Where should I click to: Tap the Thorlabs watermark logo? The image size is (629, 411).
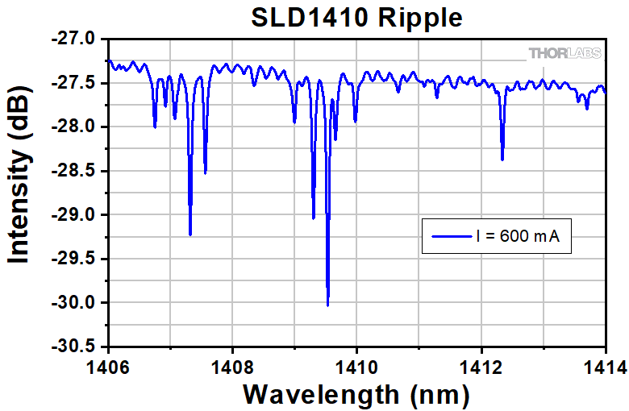[x=564, y=53]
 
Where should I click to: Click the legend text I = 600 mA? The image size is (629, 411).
[x=517, y=237]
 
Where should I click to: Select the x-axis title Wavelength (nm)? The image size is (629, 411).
[x=356, y=394]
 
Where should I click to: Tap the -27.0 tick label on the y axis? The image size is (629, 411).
[x=76, y=39]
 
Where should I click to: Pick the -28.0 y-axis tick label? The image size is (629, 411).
[x=76, y=127]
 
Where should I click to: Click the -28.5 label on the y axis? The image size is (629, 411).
[x=76, y=171]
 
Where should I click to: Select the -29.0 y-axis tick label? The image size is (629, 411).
[x=76, y=214]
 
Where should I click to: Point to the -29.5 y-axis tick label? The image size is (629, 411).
[x=76, y=259]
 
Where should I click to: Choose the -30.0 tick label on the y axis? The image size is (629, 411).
[x=76, y=303]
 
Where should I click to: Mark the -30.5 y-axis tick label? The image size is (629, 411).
[x=76, y=347]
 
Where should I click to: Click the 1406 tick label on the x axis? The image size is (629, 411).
[x=108, y=367]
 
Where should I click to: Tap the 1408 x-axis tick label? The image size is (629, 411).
[x=232, y=367]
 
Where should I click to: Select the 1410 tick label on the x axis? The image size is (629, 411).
[x=356, y=367]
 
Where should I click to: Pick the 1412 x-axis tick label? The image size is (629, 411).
[x=481, y=367]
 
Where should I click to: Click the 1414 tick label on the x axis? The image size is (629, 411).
[x=603, y=367]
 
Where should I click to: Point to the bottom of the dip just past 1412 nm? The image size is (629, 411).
[x=502, y=160]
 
